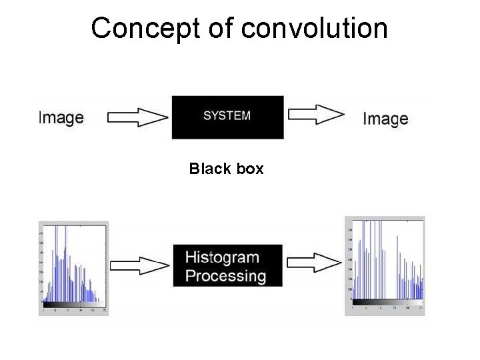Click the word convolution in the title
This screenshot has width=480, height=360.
pyautogui.click(x=315, y=29)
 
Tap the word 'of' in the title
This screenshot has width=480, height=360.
pyautogui.click(x=217, y=29)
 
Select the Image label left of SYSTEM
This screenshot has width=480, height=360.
pyautogui.click(x=61, y=118)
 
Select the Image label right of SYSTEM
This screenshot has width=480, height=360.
pyautogui.click(x=385, y=119)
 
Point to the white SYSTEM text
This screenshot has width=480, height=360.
pyautogui.click(x=227, y=115)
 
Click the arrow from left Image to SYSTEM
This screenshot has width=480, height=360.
pyautogui.click(x=137, y=118)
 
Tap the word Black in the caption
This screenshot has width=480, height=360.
pyautogui.click(x=209, y=169)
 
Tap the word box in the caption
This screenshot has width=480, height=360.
pyautogui.click(x=249, y=169)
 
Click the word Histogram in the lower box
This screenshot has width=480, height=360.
pyautogui.click(x=222, y=257)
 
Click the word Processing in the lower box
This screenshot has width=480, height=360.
pyautogui.click(x=225, y=276)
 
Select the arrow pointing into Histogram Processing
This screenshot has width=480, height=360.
pyautogui.click(x=139, y=265)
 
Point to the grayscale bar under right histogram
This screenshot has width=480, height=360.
pyautogui.click(x=387, y=303)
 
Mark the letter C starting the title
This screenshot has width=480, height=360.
pyautogui.click(x=101, y=29)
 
